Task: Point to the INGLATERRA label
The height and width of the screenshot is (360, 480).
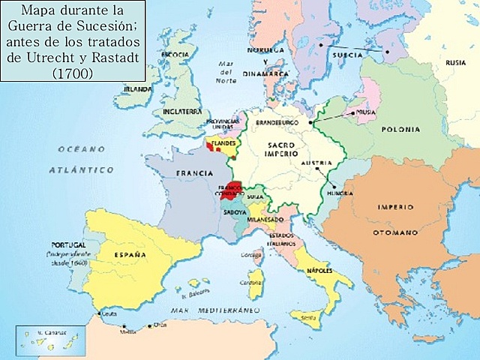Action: (183, 111)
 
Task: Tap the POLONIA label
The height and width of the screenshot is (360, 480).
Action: (400, 129)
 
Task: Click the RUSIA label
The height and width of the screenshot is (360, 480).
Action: (454, 62)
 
